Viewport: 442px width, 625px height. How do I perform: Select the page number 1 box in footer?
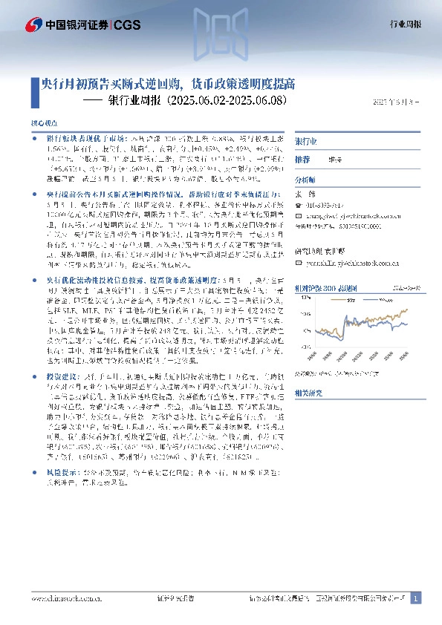(416, 598)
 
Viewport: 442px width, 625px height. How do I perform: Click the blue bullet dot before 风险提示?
(34, 471)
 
